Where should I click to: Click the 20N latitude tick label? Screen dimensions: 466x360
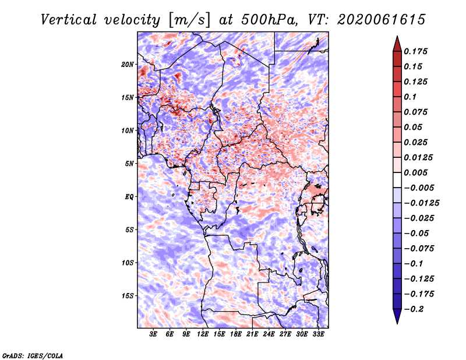pyautogui.click(x=128, y=64)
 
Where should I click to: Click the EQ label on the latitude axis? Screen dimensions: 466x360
pyautogui.click(x=129, y=197)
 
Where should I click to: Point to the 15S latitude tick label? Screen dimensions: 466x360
pyautogui.click(x=128, y=296)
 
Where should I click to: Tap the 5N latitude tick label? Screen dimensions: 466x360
pyautogui.click(x=129, y=164)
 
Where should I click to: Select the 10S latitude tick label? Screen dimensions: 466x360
pyautogui.click(x=128, y=263)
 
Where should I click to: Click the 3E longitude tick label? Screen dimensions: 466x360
pyautogui.click(x=153, y=334)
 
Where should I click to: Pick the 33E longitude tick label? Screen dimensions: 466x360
pyautogui.click(x=318, y=334)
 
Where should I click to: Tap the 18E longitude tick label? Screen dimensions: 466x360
pyautogui.click(x=236, y=334)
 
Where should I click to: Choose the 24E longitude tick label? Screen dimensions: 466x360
pyautogui.click(x=269, y=334)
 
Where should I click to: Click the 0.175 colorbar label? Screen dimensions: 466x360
pyautogui.click(x=415, y=51)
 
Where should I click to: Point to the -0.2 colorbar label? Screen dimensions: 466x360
pyautogui.click(x=414, y=309)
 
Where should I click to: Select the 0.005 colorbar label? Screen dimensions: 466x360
pyautogui.click(x=415, y=172)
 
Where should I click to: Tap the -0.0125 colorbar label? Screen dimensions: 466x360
pyautogui.click(x=421, y=203)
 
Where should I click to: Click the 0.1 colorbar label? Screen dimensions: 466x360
pyautogui.click(x=410, y=97)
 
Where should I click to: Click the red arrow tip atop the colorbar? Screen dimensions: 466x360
pyautogui.click(x=397, y=36)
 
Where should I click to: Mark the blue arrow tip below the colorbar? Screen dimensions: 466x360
pyautogui.click(x=397, y=323)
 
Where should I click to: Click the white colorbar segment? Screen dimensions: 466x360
pyautogui.click(x=397, y=180)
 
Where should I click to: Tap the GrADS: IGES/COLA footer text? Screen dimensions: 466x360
pyautogui.click(x=33, y=355)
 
